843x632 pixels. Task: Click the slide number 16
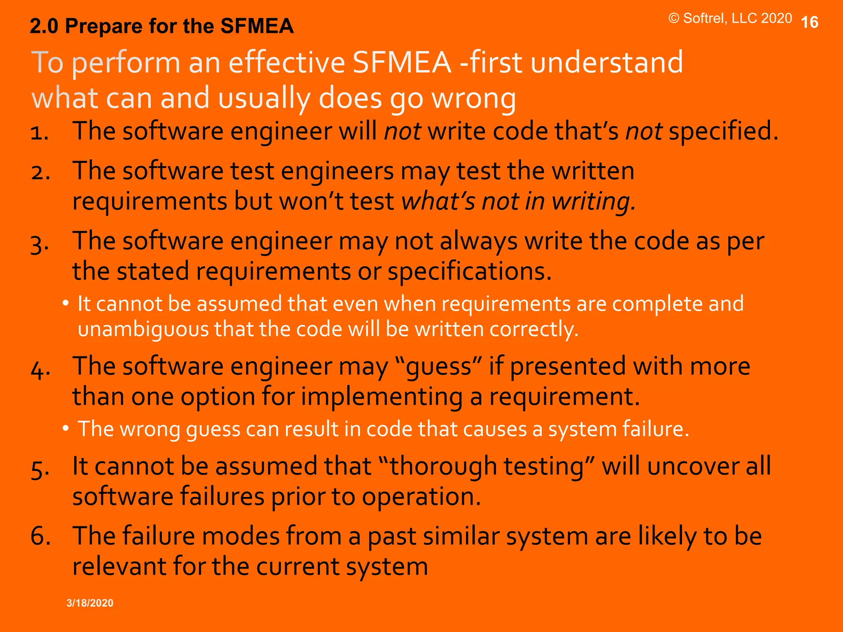[x=810, y=22]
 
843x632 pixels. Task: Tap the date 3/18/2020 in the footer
[x=90, y=603]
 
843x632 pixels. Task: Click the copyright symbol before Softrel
[x=673, y=19]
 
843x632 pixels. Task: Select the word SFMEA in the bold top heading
[x=257, y=26]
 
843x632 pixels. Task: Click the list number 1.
[x=40, y=132]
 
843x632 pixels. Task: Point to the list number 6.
[x=40, y=536]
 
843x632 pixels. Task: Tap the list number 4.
[x=40, y=368]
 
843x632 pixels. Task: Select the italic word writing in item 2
[x=593, y=202]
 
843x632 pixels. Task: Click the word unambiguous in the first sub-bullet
[x=143, y=330]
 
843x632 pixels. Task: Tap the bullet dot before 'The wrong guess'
[x=65, y=429]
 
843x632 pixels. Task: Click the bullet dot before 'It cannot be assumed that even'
[x=65, y=304]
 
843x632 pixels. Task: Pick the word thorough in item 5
[x=443, y=467]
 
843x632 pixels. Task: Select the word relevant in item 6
[x=119, y=566]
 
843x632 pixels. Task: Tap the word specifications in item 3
[x=469, y=272]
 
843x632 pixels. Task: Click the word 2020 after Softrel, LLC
[x=776, y=19]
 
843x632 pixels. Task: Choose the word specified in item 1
[x=723, y=132]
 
